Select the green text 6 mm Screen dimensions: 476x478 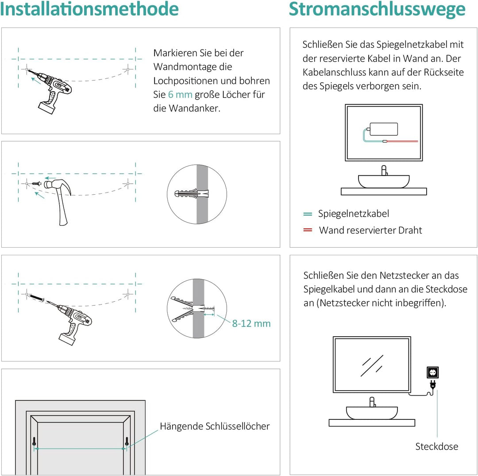tap(180, 95)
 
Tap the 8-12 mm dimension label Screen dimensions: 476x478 tap(251, 323)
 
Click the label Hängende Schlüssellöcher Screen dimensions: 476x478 tap(215, 426)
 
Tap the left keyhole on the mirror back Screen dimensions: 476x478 tap(34, 441)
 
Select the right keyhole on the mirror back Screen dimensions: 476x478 tap(127, 441)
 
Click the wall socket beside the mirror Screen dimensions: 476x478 tap(432, 372)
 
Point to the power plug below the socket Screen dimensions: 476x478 tap(432, 386)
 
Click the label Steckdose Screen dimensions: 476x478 tap(436, 446)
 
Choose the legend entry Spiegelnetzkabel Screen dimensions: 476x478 tap(354, 214)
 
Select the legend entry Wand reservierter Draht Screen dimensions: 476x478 tap(370, 230)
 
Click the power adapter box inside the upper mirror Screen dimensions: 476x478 tap(383, 129)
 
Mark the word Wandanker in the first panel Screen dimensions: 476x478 tap(194, 108)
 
